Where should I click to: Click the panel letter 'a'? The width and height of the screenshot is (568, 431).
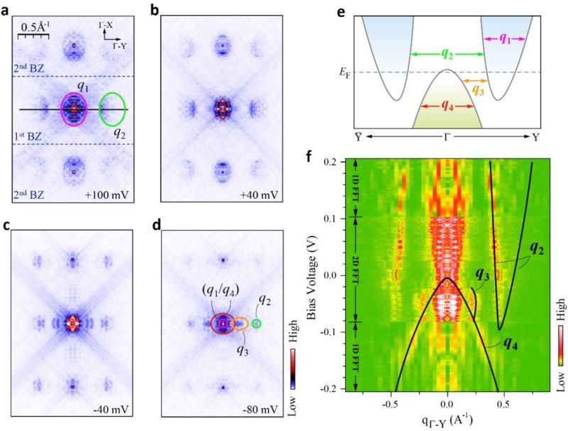(6, 9)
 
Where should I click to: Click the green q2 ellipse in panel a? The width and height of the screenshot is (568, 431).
(114, 110)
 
